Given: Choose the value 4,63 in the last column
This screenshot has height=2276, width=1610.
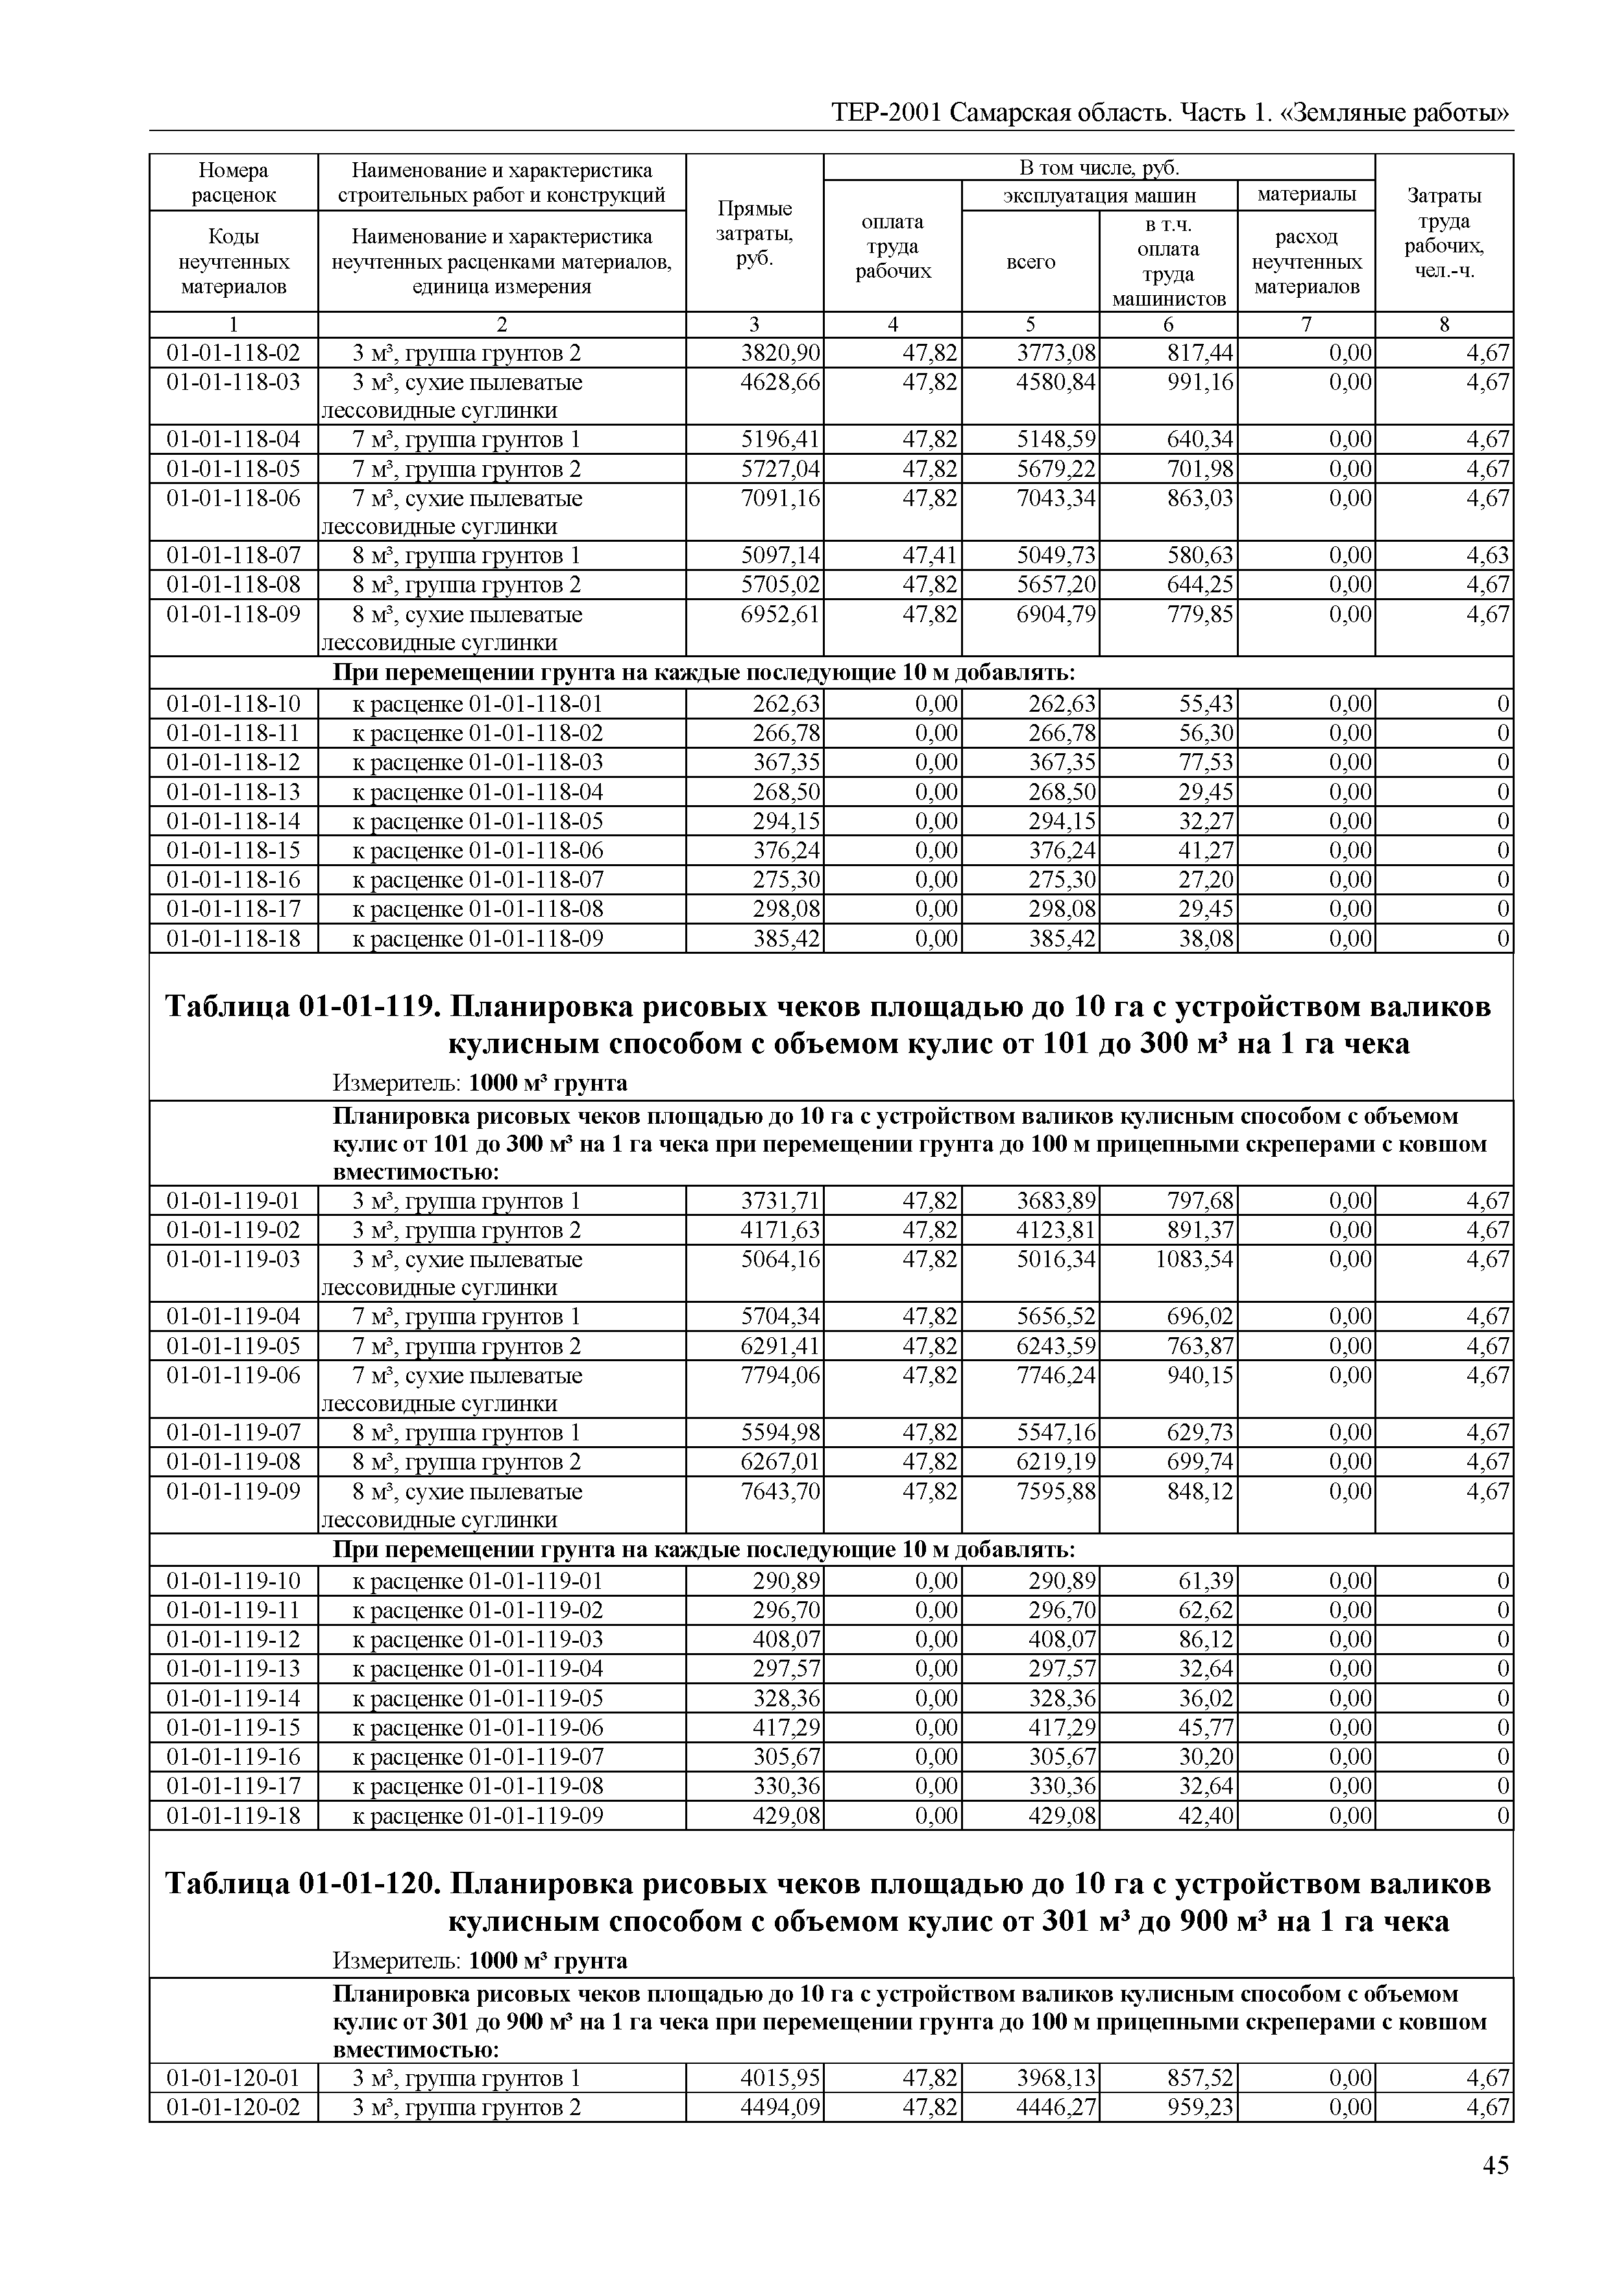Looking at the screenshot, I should coord(1488,555).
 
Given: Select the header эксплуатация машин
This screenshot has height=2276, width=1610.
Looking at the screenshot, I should coord(1099,195).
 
